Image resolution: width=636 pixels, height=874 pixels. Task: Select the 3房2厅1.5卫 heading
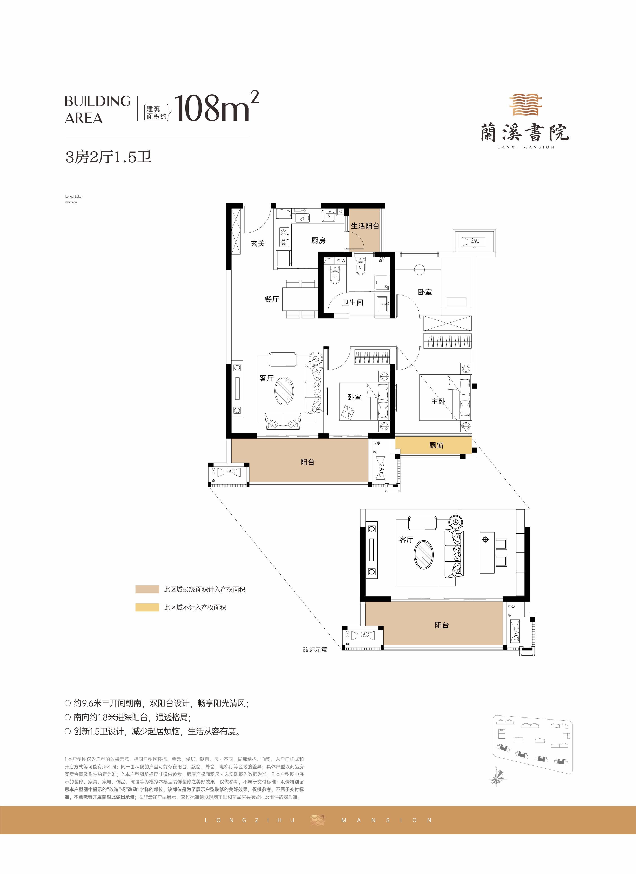(109, 157)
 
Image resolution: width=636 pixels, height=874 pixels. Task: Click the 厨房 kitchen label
(318, 240)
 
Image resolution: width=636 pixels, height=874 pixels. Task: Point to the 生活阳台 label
(365, 226)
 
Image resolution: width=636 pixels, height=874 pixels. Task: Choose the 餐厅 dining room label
(272, 299)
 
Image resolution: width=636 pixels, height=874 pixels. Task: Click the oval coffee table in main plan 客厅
(284, 391)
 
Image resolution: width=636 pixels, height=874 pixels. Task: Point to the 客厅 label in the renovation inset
(406, 539)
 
